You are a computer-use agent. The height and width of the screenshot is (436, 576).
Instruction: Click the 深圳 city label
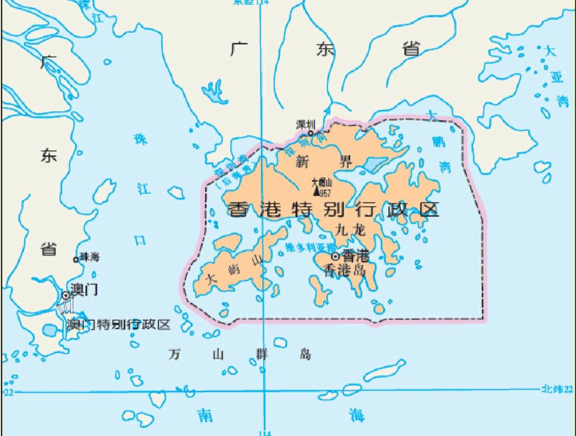(x=305, y=124)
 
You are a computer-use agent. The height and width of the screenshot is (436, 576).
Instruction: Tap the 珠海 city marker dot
(x=76, y=260)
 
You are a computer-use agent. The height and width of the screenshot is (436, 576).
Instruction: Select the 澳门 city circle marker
(x=66, y=295)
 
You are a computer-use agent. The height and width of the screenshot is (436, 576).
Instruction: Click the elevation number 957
(x=325, y=193)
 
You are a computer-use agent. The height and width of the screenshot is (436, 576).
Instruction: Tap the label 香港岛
(x=346, y=270)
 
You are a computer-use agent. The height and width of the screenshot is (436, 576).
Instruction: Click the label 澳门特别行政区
(x=118, y=325)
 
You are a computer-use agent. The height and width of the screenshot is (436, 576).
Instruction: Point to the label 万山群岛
(x=239, y=354)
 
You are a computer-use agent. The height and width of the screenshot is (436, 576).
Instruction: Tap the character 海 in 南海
(x=357, y=414)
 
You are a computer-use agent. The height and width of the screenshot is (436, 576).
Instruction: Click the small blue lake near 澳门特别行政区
(x=49, y=330)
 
